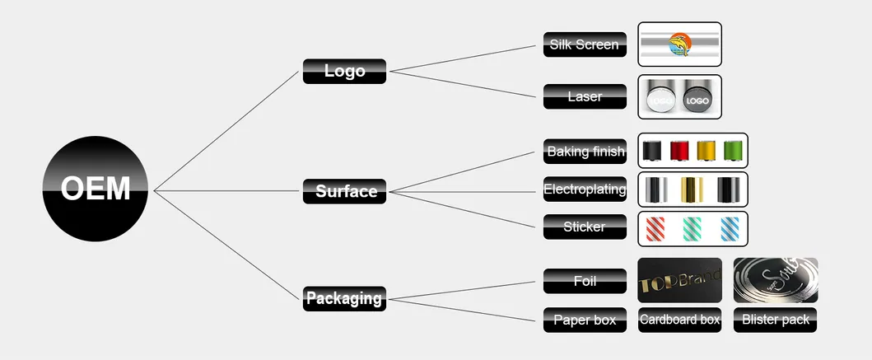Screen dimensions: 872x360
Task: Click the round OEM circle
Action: [x=95, y=189]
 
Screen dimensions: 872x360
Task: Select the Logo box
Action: [x=344, y=71]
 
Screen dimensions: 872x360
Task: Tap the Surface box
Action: [x=344, y=191]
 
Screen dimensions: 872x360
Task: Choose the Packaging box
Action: [x=344, y=298]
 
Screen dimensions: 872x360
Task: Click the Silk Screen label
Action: [x=585, y=44]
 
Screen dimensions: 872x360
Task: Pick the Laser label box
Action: [x=585, y=97]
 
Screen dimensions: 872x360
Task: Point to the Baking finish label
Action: [x=585, y=152]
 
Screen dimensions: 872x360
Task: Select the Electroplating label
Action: [x=585, y=189]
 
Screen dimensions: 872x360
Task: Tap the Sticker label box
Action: [x=585, y=227]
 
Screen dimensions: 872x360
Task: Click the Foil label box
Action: [x=585, y=281]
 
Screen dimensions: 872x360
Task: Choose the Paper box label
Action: [x=585, y=320]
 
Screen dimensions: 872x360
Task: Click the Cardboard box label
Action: [x=679, y=320]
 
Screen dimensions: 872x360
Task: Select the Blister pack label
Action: [x=775, y=320]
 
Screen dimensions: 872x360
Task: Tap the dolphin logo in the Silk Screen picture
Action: [x=679, y=44]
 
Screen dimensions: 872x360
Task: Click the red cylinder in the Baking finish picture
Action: [x=679, y=151]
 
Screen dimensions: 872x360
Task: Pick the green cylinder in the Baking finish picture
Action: [x=733, y=151]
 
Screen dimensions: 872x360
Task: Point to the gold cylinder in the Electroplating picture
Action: [x=692, y=189]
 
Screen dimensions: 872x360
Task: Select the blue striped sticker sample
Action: [x=730, y=229]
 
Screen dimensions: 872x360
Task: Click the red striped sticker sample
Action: [x=655, y=229]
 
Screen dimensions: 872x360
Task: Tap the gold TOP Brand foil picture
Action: [x=679, y=280]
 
